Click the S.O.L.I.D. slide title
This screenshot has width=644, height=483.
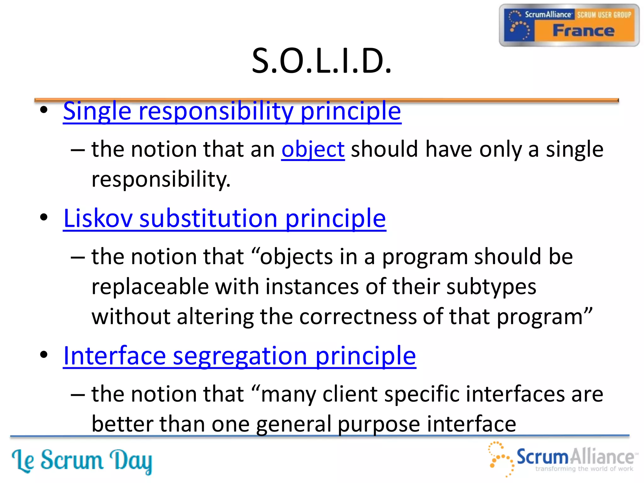click(x=322, y=61)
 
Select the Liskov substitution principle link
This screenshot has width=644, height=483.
click(x=224, y=219)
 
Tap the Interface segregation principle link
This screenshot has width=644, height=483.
click(x=239, y=356)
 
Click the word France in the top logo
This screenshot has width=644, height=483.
click(x=583, y=31)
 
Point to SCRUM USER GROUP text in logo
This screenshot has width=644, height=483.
click(x=604, y=15)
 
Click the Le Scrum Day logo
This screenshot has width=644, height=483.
click(x=82, y=461)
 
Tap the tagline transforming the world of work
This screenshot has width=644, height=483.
click(x=584, y=469)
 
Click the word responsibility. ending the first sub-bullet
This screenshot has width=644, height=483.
click(x=161, y=179)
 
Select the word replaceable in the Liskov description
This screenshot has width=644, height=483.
click(x=150, y=287)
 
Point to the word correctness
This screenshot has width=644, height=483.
click(x=358, y=317)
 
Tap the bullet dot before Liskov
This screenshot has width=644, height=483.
click(x=44, y=217)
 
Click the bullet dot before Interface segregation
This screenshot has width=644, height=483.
click(x=44, y=355)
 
